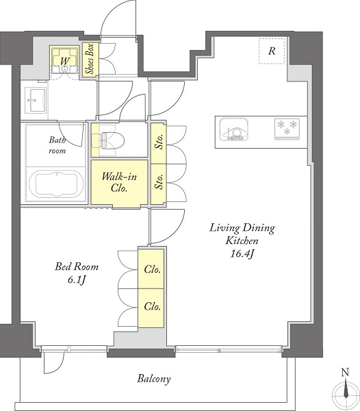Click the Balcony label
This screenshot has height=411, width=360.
pos(154,379)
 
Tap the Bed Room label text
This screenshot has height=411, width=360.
pos(77,267)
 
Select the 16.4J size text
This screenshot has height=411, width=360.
pos(242,253)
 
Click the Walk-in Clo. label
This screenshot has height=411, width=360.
pos(119,182)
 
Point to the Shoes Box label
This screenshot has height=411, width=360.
pos(90,59)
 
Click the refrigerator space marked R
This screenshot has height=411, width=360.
pos(272,51)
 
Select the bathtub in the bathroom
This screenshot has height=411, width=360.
pos(56,184)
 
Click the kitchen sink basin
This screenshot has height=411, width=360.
pos(234,129)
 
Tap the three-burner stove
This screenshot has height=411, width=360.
pos(287,129)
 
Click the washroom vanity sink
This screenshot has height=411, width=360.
pos(36,100)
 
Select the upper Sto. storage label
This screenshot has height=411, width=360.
pos(158,141)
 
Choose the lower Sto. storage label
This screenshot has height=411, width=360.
pos(158,182)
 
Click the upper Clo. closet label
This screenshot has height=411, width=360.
pos(152,269)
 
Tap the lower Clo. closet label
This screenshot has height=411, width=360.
pos(152,306)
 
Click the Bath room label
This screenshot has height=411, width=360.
pos(57,145)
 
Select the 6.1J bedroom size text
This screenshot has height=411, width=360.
pos(77,280)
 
